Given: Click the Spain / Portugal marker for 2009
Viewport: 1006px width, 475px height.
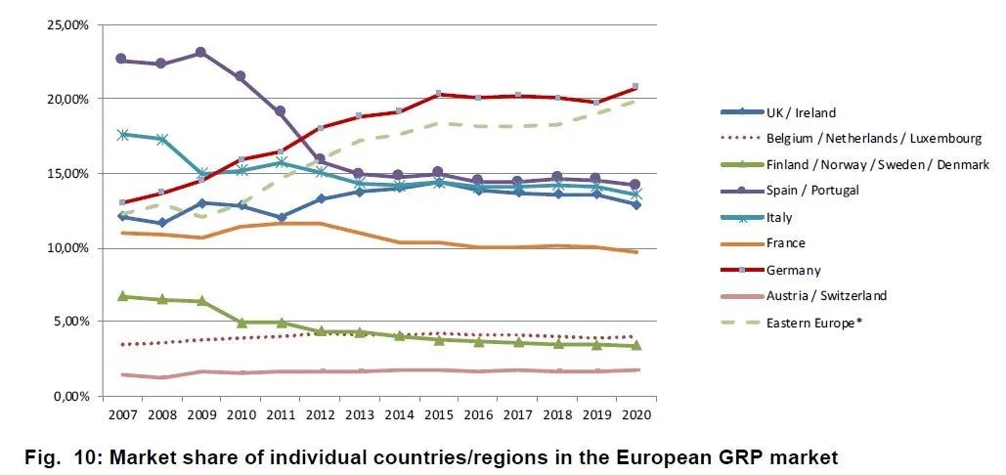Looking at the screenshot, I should coord(200,52).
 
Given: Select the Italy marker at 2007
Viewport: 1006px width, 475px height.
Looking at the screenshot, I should coord(121,135).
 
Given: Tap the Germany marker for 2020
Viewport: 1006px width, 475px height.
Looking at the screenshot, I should coord(635,87).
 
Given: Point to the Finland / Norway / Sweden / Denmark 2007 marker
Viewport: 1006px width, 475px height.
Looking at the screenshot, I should coord(121,296).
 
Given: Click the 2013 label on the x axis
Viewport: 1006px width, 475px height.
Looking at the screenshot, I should coord(360,414).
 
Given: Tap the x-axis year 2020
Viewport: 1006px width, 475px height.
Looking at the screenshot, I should coord(635,414).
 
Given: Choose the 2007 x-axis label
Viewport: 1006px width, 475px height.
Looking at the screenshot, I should coord(121,414).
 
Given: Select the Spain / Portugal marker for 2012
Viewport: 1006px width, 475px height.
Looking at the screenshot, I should coord(320,158).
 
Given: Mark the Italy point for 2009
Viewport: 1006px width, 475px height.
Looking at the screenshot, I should coord(200,174).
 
